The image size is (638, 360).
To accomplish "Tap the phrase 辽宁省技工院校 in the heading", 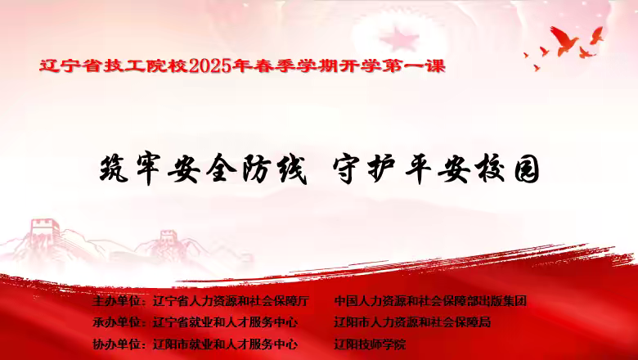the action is point(114,65).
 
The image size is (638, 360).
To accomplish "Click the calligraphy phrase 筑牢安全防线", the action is point(203,169).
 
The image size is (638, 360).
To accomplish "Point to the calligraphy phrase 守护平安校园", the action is point(436,169).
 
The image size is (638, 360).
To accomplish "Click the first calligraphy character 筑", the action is point(114,169).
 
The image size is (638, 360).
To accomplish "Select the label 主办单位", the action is point(116,301).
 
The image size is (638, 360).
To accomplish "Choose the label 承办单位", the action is point(116,322).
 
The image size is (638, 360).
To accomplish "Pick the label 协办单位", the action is point(116,344).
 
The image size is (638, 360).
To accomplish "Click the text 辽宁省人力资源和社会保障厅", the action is point(231,301).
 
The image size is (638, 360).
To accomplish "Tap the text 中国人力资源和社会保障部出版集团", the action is point(430,301).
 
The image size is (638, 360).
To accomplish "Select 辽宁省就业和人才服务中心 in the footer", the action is point(225,322).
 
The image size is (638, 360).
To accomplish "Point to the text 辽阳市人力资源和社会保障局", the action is point(412,322).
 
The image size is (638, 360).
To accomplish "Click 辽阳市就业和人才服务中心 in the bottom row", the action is point(225,344).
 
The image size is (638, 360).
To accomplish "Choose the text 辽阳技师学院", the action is point(370,344).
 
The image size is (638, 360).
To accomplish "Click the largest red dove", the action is point(564,40).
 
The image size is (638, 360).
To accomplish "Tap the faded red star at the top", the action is point(399,39).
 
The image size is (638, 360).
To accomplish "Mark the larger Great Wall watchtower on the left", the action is point(45,230).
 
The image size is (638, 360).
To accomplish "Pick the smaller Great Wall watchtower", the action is point(168,239).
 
